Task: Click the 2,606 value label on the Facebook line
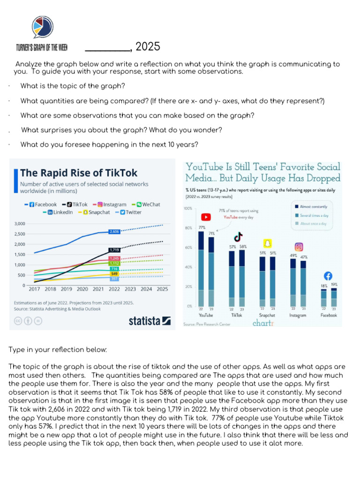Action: [114, 232]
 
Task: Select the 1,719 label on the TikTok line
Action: [114, 250]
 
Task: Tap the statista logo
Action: [150, 321]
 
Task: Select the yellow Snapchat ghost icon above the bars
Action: [267, 243]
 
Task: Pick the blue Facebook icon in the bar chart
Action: [328, 276]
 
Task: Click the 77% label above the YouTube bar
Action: [202, 227]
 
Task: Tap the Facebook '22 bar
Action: [323, 297]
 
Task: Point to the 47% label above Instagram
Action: [303, 257]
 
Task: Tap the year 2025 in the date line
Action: [148, 46]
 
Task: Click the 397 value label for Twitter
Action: [114, 278]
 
